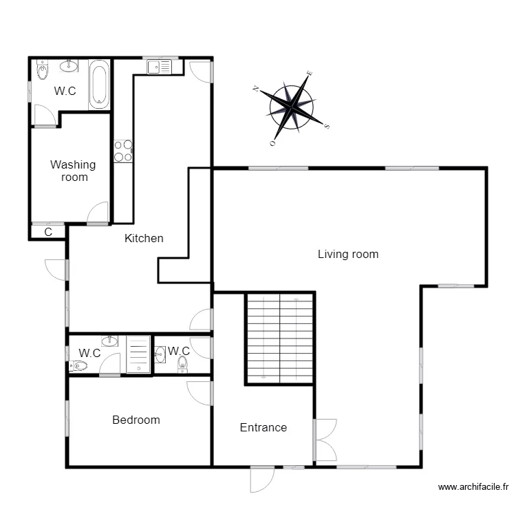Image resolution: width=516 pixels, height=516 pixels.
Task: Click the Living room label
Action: [347, 255]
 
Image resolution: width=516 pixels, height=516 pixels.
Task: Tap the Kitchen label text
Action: [144, 239]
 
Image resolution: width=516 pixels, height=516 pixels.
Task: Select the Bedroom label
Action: [136, 420]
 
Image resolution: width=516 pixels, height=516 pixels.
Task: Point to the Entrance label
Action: [263, 427]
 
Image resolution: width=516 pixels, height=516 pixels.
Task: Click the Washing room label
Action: [73, 171]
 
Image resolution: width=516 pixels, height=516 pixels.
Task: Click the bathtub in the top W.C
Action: [99, 85]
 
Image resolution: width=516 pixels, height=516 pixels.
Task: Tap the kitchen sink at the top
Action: [159, 67]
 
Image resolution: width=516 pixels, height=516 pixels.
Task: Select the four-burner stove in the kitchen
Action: [123, 151]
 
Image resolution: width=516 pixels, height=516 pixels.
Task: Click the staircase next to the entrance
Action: [280, 337]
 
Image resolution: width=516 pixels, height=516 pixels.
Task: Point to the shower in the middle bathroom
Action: [138, 354]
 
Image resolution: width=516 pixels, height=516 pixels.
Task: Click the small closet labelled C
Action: [48, 232]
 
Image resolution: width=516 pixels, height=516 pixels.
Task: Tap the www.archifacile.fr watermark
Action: [473, 487]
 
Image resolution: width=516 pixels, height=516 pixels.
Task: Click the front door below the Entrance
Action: [262, 479]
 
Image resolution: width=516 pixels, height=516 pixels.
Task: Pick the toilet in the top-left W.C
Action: [43, 70]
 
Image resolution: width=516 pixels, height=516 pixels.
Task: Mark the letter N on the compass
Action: [255, 88]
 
